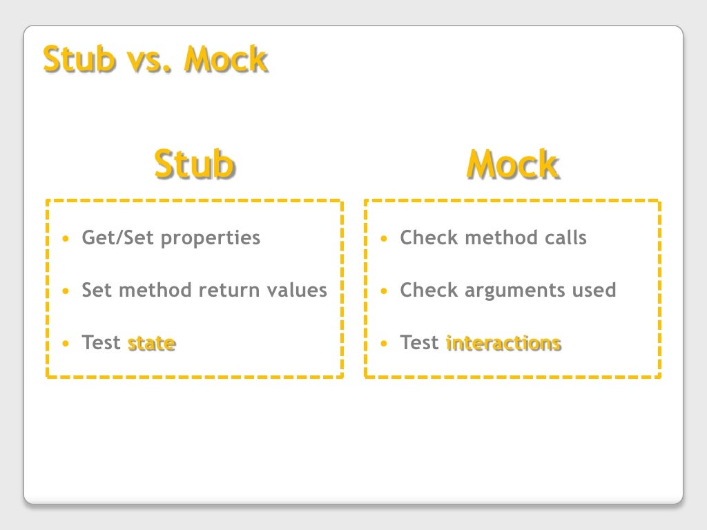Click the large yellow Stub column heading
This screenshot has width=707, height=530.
tap(194, 164)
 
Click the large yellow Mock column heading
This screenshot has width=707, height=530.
tap(512, 164)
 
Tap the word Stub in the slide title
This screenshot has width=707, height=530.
tap(78, 59)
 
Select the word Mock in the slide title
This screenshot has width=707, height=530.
tap(225, 59)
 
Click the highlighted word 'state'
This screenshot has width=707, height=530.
tap(151, 343)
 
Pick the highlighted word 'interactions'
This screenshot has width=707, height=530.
tap(503, 343)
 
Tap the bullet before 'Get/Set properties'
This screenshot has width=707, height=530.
tap(66, 239)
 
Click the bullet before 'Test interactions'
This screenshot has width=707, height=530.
tap(384, 344)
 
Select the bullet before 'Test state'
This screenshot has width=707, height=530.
tap(66, 344)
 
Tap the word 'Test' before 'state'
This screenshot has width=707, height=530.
tap(101, 343)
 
